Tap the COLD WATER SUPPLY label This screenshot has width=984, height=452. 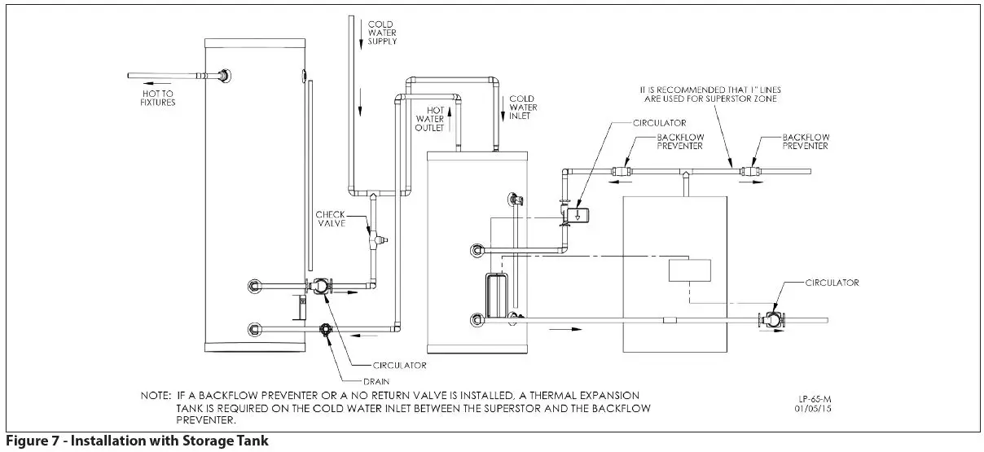click(x=382, y=33)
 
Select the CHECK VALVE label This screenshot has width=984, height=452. click(x=332, y=220)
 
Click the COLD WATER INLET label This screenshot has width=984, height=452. click(x=521, y=108)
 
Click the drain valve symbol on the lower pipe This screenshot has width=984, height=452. click(x=325, y=330)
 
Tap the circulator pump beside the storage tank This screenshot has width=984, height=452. click(x=319, y=286)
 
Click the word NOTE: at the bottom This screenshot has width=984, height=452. click(x=156, y=395)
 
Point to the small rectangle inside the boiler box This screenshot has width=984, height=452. click(x=689, y=270)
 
